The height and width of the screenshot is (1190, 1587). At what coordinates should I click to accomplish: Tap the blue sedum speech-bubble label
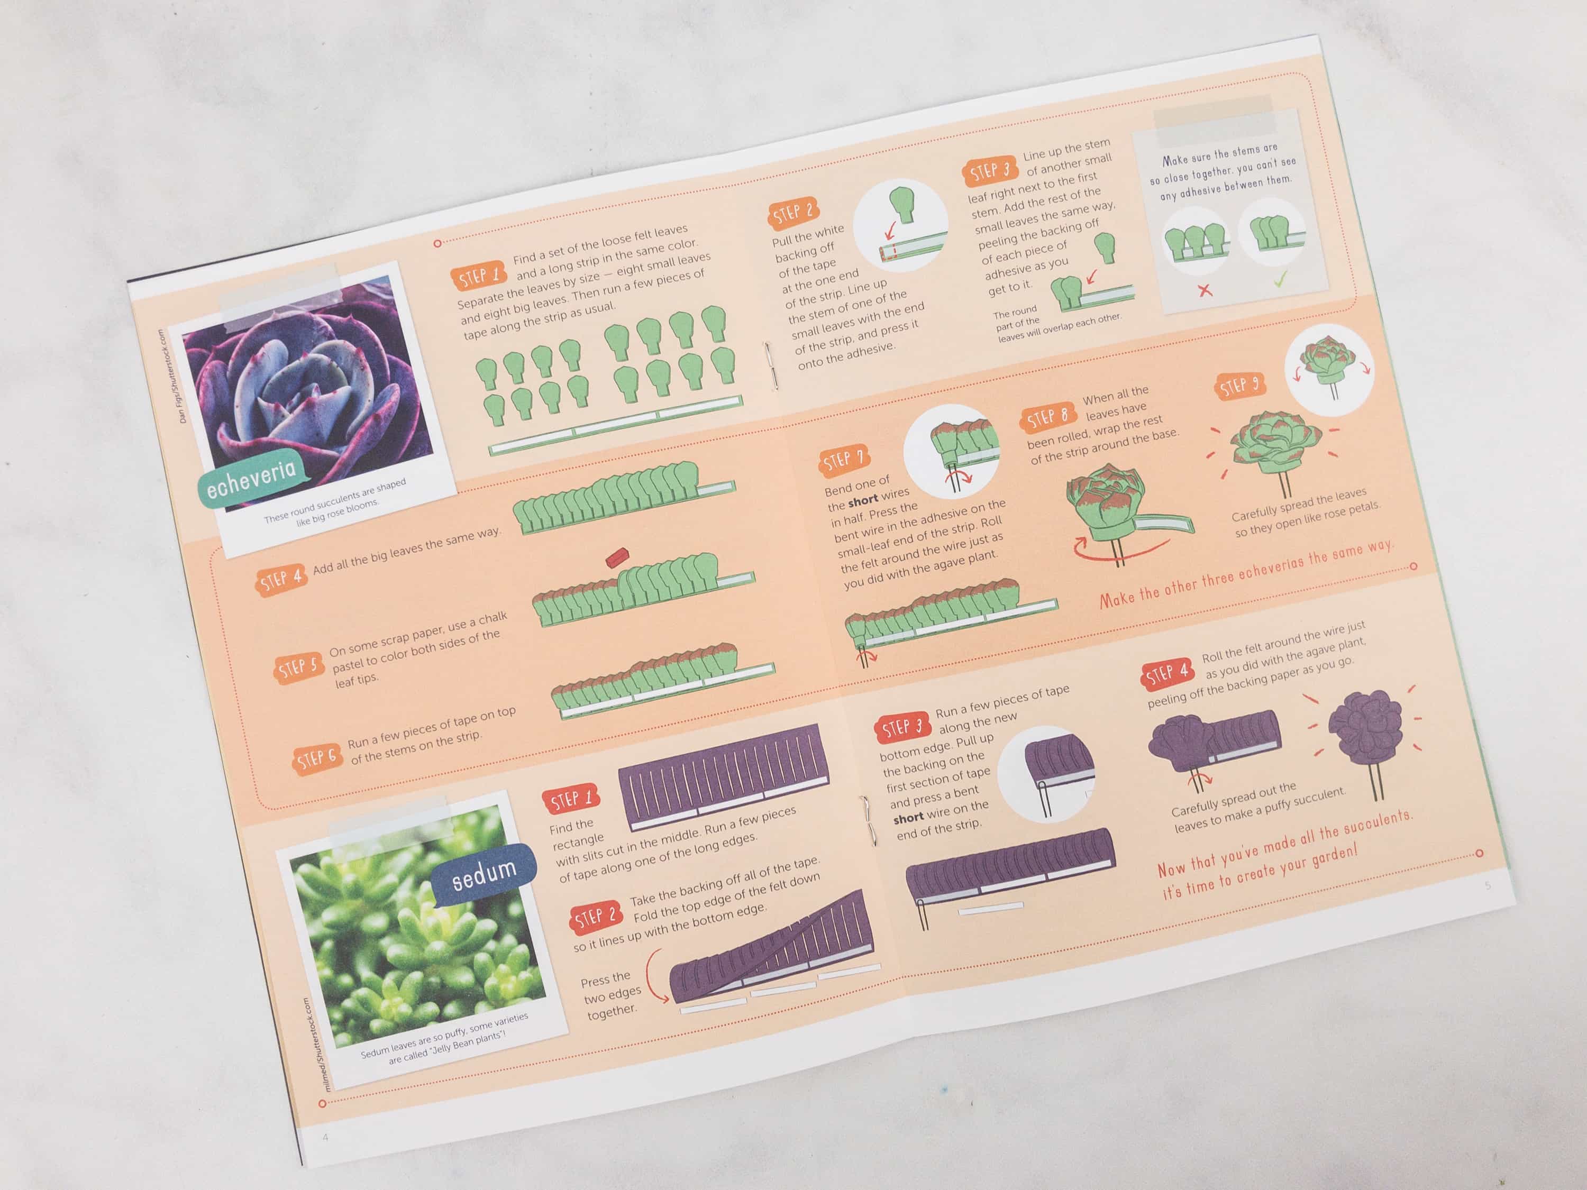[x=485, y=874]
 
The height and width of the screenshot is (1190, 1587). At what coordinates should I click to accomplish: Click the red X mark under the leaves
[x=1205, y=290]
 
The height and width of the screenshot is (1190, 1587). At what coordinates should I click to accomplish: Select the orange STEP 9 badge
[x=1239, y=387]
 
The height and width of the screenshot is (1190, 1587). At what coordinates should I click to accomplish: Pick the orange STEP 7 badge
[x=843, y=461]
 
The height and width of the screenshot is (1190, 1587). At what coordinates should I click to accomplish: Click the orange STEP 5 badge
[x=298, y=669]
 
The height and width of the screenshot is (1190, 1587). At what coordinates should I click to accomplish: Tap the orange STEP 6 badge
[x=316, y=759]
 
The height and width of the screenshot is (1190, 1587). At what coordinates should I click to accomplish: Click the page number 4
[x=325, y=1138]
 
